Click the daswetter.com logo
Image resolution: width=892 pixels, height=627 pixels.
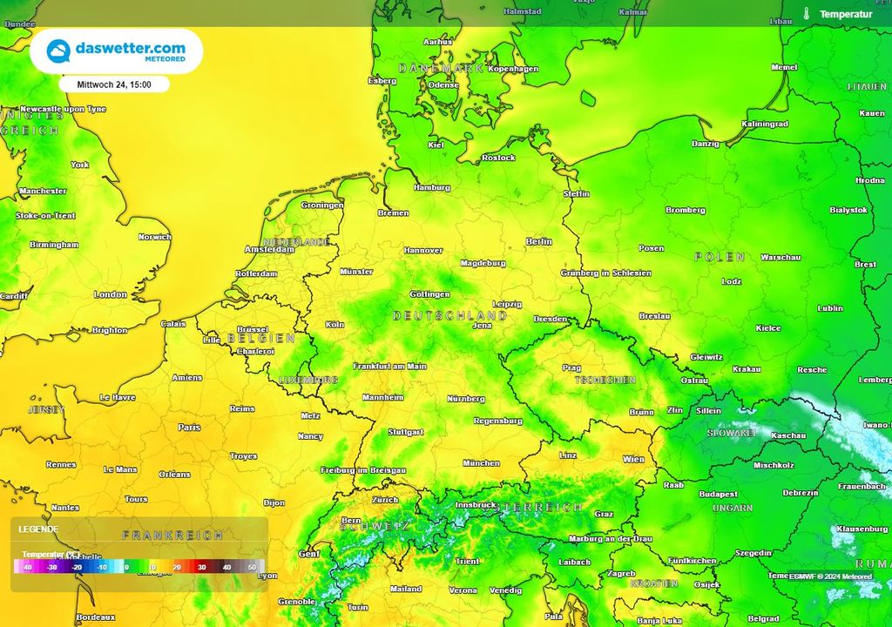pos(117,51)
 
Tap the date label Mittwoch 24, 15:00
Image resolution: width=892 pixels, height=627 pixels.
pos(114,84)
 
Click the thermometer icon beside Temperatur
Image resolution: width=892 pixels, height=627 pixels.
pos(807,14)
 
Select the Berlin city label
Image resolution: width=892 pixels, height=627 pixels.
pos(539,241)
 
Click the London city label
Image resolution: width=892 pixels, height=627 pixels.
pos(111,294)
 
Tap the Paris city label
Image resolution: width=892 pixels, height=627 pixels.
pos(189,428)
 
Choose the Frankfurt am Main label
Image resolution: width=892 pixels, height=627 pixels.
pos(389,367)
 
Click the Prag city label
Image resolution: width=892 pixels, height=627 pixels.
pos(571,367)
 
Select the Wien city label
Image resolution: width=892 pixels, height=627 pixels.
pos(633,459)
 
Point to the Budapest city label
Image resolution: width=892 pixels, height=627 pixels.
pos(718,494)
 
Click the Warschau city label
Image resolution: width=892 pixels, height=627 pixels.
pos(780,258)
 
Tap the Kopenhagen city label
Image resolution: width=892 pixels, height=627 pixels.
pos(513,69)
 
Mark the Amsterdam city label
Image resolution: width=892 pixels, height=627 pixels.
pos(270,249)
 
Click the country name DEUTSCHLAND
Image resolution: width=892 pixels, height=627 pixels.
pos(449,315)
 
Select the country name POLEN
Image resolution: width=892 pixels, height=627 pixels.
pos(720,257)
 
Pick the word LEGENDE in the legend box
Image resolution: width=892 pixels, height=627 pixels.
pos(39,529)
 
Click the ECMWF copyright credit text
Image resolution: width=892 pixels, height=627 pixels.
pos(831,576)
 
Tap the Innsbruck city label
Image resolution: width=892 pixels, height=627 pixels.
pos(475,505)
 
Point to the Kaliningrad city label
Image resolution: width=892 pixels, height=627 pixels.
pos(764,124)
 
